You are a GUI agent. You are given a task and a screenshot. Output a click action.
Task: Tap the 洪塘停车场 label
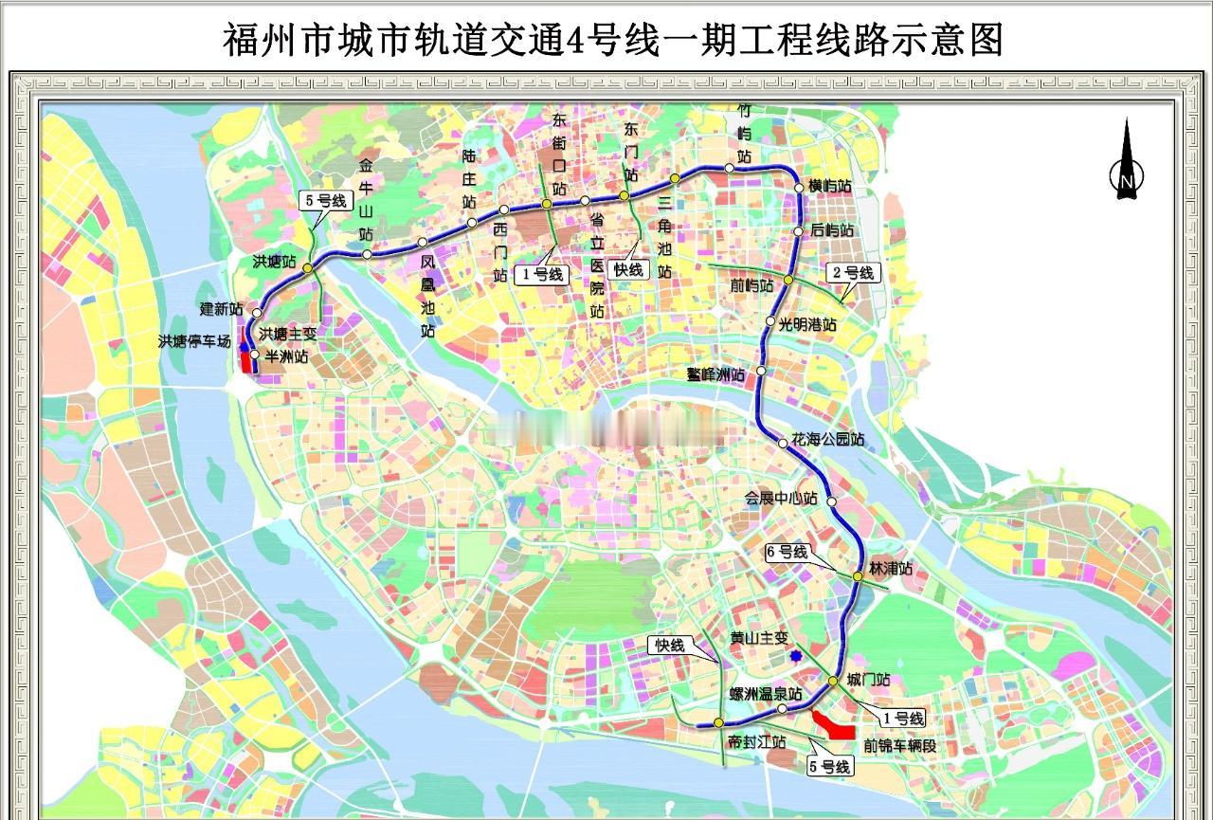(x=194, y=341)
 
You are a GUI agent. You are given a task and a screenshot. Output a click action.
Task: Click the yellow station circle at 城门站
(x=833, y=682)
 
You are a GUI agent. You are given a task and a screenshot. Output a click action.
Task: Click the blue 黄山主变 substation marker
(x=796, y=655)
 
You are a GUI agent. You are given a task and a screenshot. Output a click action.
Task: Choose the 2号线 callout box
(x=853, y=273)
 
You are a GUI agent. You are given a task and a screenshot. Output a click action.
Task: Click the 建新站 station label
(x=221, y=309)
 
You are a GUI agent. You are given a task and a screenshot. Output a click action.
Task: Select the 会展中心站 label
(x=781, y=499)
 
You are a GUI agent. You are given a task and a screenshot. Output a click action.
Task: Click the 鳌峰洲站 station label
(x=716, y=374)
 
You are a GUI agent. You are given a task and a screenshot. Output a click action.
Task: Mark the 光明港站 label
(x=807, y=324)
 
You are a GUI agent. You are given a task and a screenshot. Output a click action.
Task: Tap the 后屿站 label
(x=832, y=230)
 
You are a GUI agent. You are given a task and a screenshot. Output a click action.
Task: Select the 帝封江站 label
(x=757, y=742)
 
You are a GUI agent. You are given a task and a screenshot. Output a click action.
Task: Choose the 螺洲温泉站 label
(x=765, y=695)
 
